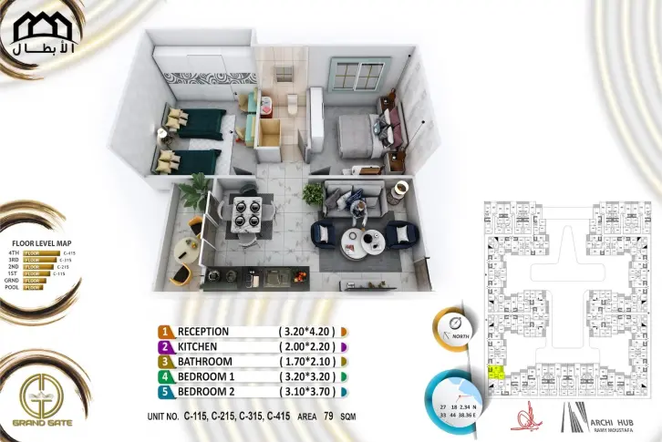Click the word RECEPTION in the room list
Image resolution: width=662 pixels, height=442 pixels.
point(203,332)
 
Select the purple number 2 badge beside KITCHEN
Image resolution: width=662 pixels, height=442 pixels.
point(165,347)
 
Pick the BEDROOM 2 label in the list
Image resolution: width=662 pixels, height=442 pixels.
point(207,392)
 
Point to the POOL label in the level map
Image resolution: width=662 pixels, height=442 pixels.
point(13,288)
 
